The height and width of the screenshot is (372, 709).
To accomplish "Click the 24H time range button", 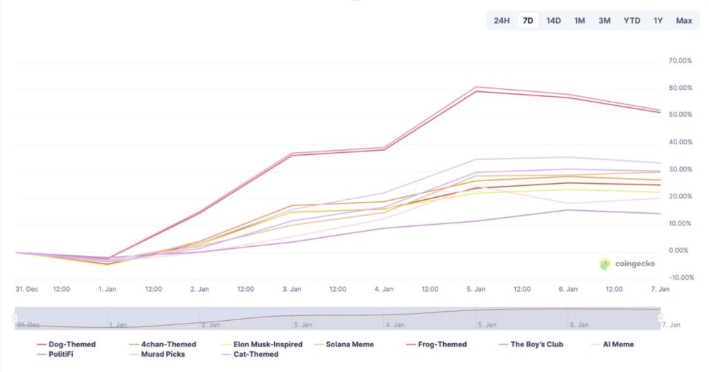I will click(501, 21).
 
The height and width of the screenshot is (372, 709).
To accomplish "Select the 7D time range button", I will click(528, 21).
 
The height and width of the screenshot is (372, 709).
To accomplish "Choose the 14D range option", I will click(553, 21).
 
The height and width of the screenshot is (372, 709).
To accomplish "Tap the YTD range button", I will click(631, 21).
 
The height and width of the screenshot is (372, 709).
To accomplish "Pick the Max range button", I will click(684, 21).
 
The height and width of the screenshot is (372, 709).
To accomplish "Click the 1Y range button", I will click(658, 21).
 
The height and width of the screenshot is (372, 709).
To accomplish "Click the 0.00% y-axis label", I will click(679, 251).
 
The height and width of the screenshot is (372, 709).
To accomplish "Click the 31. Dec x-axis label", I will click(27, 289).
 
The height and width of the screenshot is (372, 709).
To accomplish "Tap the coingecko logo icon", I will click(605, 264).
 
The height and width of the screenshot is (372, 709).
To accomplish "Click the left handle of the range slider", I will click(15, 317).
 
